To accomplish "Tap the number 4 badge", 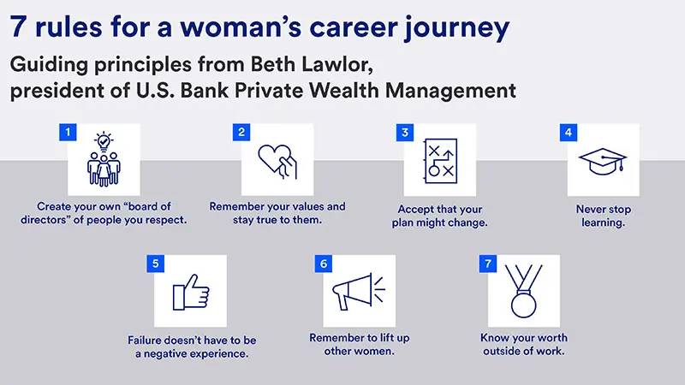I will tap(566, 132).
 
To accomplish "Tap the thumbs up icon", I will tap(190, 293).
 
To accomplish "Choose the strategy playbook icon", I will tap(440, 160).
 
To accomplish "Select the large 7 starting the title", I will tap(17, 27).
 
